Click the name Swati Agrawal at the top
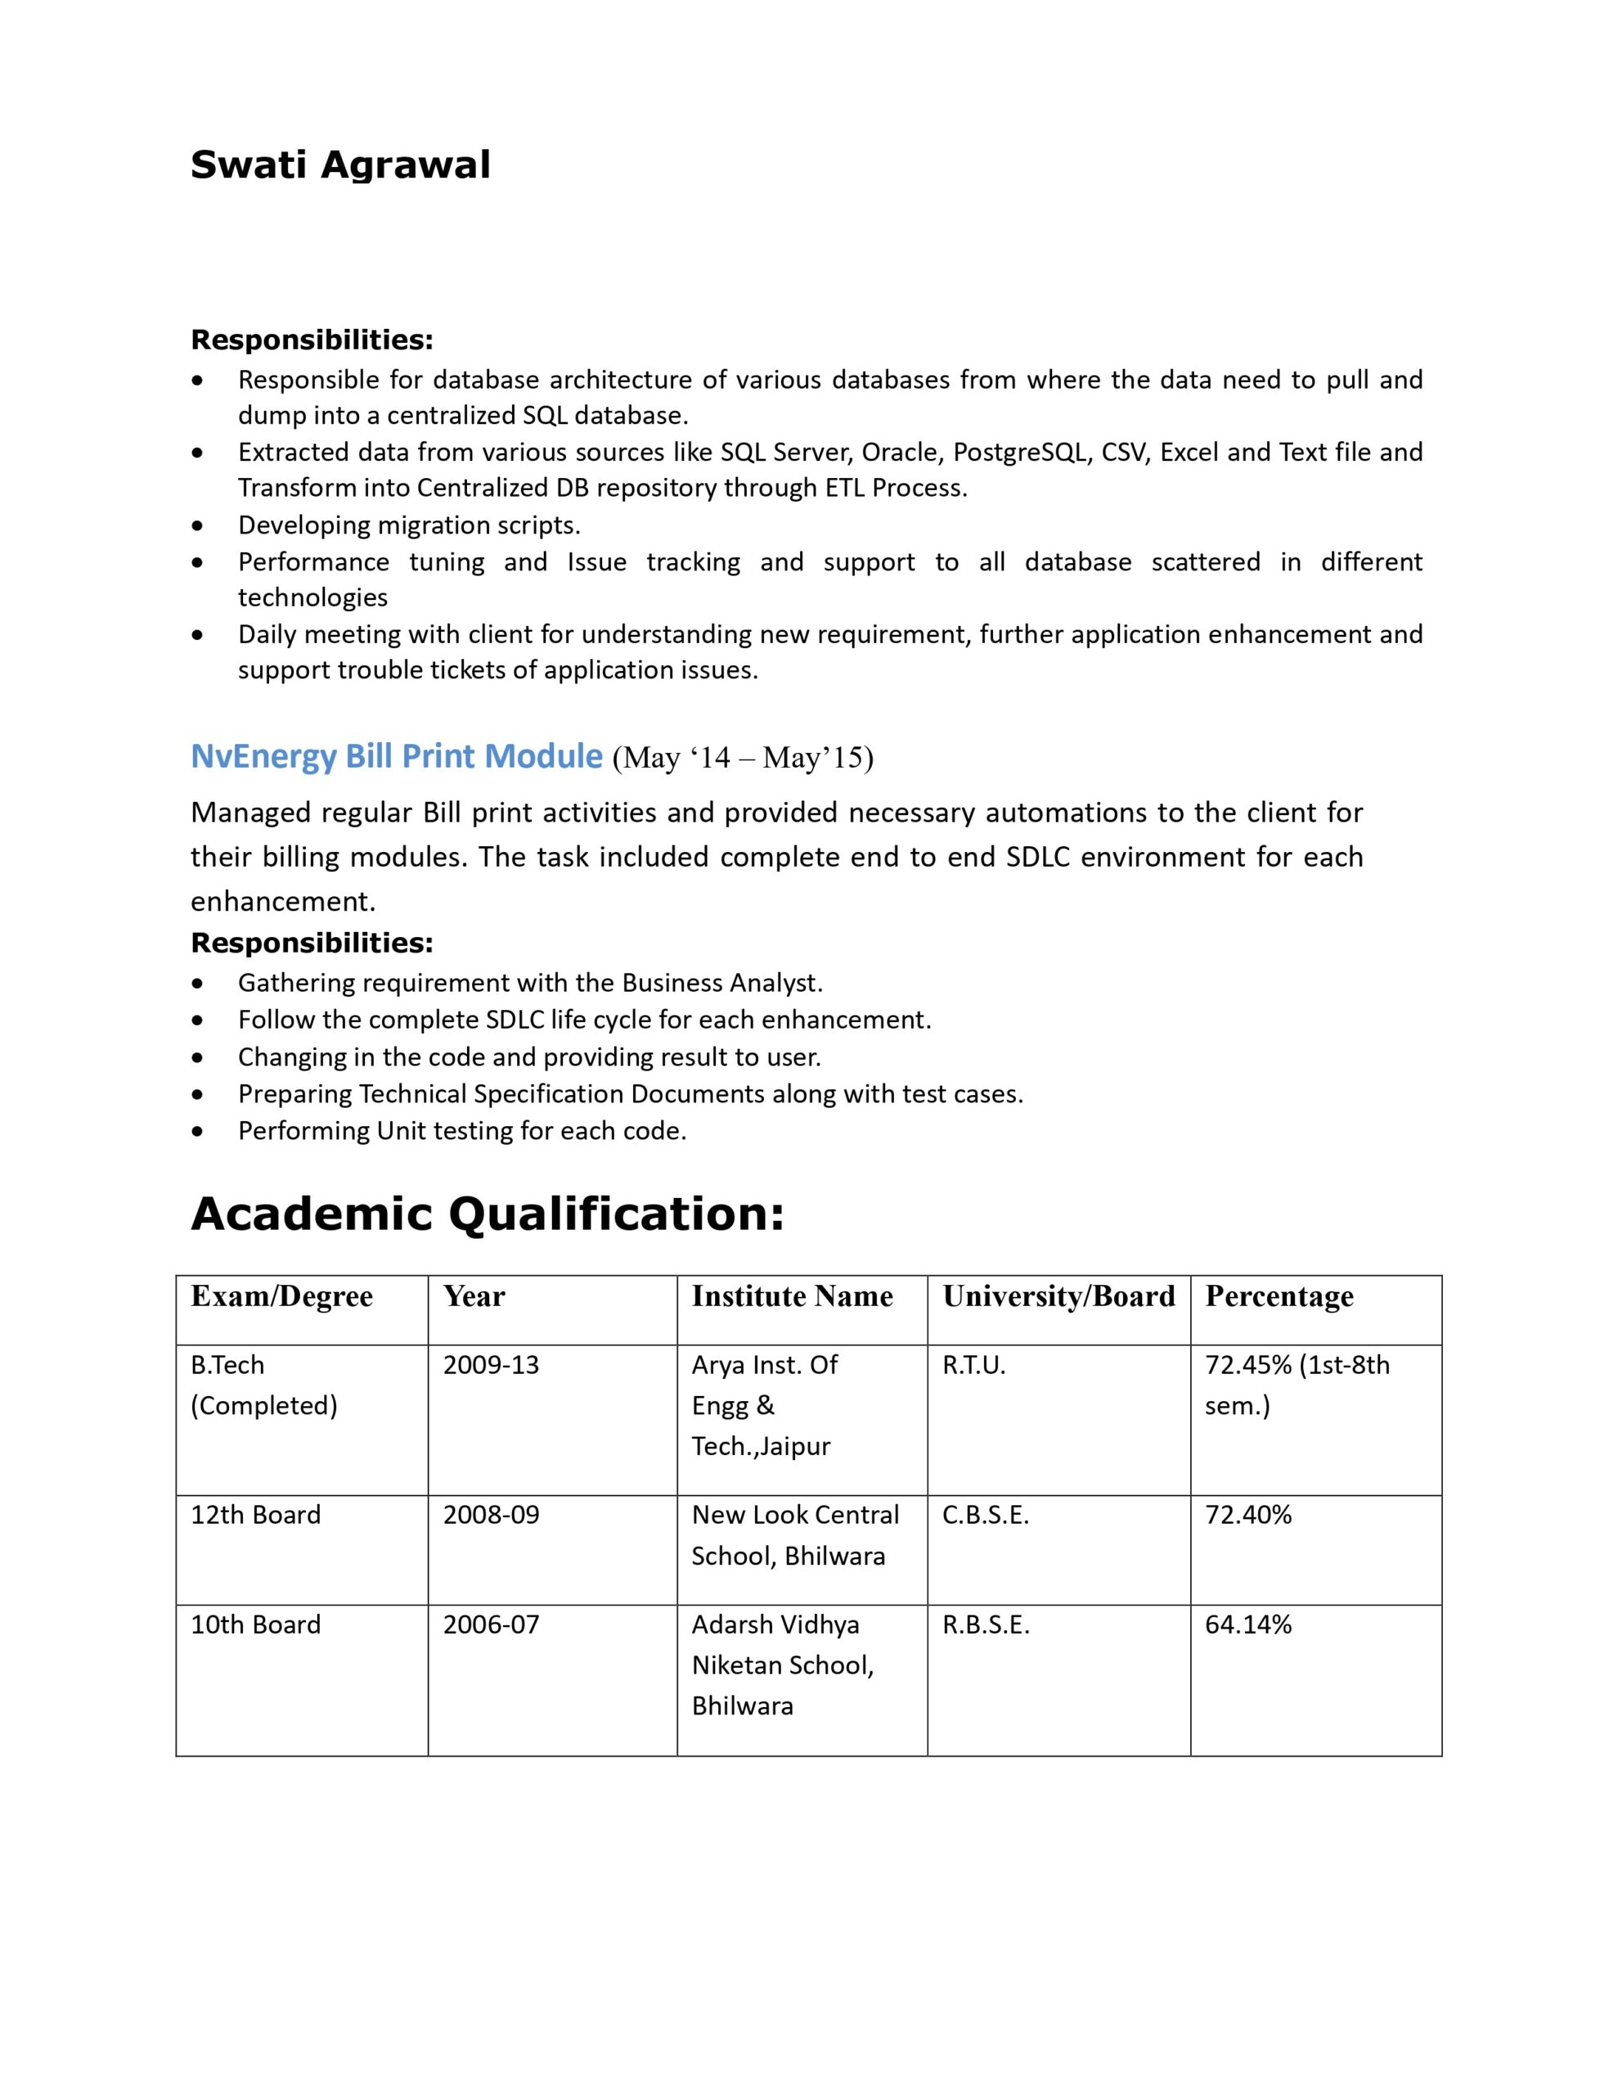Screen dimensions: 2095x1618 coord(340,165)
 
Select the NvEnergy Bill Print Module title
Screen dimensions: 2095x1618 coord(396,756)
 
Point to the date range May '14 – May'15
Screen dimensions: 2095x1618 coord(744,759)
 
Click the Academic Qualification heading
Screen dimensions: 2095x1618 coord(488,1214)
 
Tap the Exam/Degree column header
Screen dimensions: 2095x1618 coord(281,1296)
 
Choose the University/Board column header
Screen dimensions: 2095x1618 coord(1058,1296)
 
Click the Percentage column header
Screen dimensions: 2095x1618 coord(1279,1296)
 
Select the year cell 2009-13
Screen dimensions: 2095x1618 coord(491,1365)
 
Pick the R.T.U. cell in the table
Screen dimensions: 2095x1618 coord(973,1365)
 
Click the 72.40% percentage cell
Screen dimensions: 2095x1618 coord(1247,1515)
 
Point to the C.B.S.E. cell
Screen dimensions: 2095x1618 coord(985,1515)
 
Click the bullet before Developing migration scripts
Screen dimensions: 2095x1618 coord(198,525)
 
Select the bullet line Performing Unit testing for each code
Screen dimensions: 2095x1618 coord(462,1131)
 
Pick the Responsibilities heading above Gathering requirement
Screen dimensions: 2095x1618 coord(312,943)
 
